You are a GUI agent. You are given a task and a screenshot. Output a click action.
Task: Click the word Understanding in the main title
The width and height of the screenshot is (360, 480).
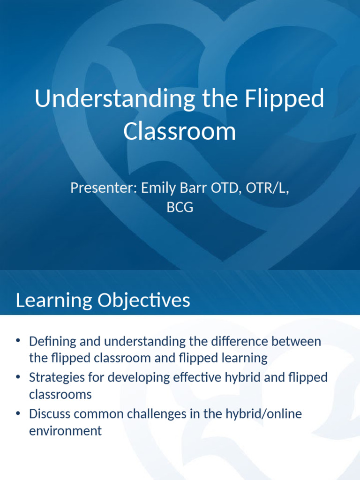[x=115, y=98]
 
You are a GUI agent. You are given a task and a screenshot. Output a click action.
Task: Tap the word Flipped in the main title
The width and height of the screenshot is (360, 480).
[x=284, y=98]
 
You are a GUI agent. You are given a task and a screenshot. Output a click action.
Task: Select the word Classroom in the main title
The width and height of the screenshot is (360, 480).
[x=180, y=131]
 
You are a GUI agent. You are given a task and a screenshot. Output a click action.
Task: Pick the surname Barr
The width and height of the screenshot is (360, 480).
[x=194, y=187]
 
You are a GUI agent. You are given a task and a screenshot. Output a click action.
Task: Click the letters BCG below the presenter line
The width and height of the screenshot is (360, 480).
[x=180, y=207]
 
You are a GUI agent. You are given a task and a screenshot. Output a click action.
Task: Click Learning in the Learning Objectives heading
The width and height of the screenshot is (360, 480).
[x=54, y=300]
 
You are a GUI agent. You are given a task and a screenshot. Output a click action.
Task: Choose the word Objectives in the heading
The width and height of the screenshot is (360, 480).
[x=144, y=300]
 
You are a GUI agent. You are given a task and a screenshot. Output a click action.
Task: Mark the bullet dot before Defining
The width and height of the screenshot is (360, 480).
[x=18, y=340]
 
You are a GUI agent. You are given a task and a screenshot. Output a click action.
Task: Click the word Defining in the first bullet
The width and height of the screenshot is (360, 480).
[x=52, y=341]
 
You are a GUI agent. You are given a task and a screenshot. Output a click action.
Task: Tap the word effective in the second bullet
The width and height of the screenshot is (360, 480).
[x=197, y=377]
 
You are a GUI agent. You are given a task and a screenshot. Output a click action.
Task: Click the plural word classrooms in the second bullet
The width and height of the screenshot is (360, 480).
[x=60, y=395]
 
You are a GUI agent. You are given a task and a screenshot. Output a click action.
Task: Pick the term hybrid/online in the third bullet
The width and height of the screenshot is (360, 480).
[x=263, y=414]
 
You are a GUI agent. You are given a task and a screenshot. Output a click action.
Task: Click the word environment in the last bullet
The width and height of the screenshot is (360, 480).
[x=65, y=431]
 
